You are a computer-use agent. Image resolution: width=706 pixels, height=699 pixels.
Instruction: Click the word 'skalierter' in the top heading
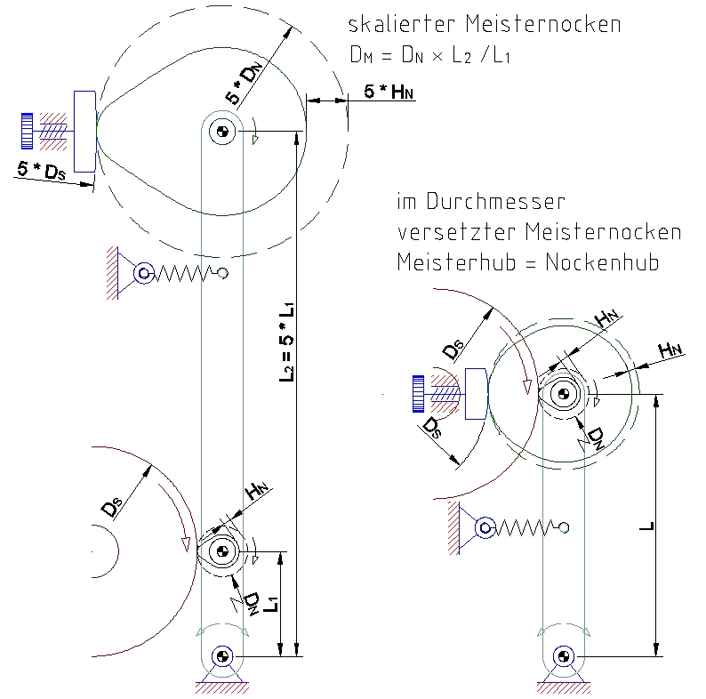[x=399, y=25]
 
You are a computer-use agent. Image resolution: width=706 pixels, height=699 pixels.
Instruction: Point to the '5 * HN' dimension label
[x=388, y=90]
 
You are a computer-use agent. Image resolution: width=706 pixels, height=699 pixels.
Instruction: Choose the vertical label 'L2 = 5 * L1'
[x=287, y=343]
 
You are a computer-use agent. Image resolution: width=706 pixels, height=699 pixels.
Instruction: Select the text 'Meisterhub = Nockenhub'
[x=528, y=263]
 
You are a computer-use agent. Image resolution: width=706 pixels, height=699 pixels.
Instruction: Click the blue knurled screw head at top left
[x=28, y=131]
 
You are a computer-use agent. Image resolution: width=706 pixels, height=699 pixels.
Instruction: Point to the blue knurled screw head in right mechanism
[x=418, y=395]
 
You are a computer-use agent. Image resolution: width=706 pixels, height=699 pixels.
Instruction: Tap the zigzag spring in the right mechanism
[x=524, y=528]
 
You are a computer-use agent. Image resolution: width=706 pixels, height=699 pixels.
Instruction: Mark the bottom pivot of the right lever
[x=562, y=657]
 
